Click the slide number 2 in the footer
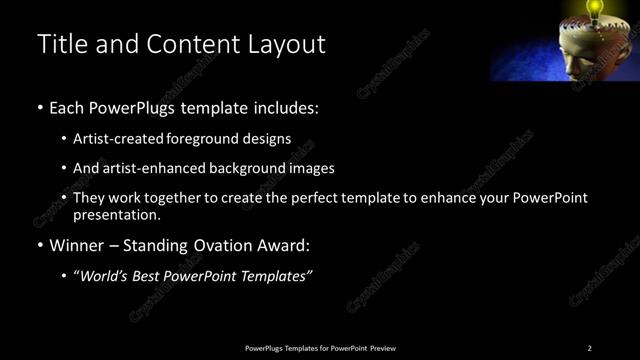coord(589,348)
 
